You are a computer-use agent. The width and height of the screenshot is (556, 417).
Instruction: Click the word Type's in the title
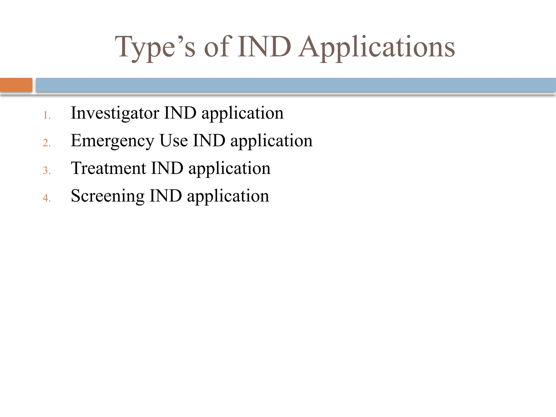(x=155, y=48)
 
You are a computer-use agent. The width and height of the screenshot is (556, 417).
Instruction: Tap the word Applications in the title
(x=377, y=48)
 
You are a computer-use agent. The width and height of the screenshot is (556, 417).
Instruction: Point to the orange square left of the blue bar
(x=16, y=85)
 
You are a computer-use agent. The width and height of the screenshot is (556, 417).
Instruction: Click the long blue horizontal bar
(x=296, y=85)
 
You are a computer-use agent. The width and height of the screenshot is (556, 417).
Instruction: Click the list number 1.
(x=47, y=115)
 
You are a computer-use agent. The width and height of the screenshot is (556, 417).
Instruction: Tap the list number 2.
(x=47, y=143)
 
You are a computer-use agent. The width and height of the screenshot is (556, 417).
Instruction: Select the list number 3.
(x=47, y=170)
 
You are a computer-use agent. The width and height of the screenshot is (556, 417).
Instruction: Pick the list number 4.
(x=47, y=198)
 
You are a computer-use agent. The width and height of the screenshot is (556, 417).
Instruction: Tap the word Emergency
(x=112, y=141)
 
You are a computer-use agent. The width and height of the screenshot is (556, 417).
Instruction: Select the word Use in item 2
(x=173, y=141)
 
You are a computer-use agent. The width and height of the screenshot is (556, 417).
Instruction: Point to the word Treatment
(x=108, y=168)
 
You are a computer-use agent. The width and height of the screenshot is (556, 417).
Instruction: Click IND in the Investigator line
(x=180, y=113)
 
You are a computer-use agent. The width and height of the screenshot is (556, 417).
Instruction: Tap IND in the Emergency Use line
(x=209, y=141)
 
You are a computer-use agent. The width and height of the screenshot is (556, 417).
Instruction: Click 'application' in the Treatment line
(x=229, y=169)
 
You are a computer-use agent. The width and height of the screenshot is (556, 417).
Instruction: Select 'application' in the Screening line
(x=228, y=196)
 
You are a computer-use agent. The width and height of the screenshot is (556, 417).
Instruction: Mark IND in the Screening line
(x=166, y=196)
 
